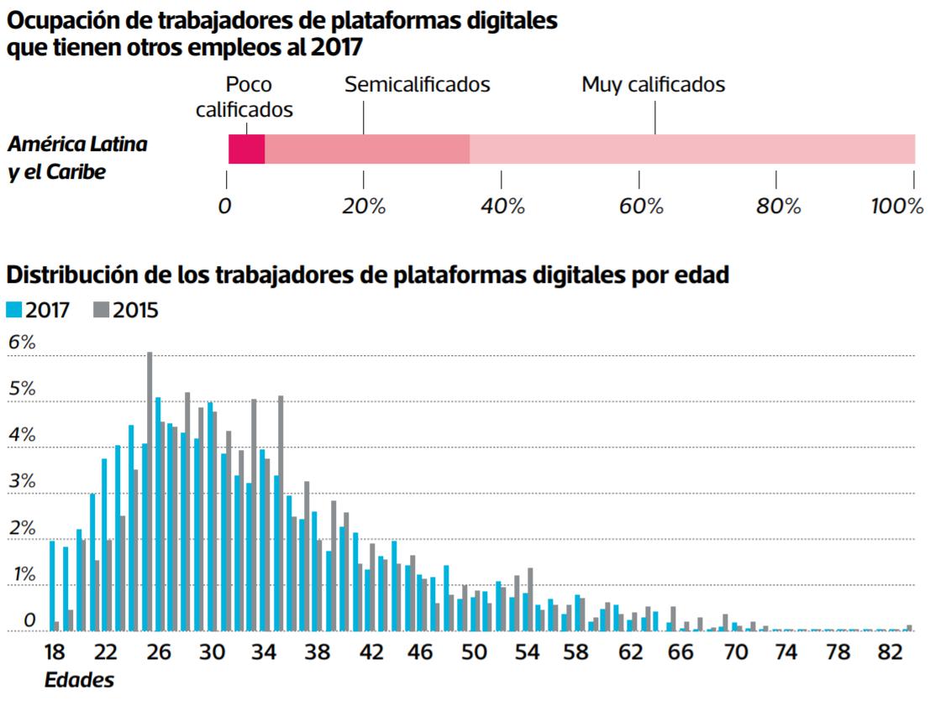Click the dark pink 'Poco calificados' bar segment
click(x=246, y=149)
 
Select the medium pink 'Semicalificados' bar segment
click(x=366, y=149)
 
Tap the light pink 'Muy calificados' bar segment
click(x=691, y=149)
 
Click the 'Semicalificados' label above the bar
click(x=418, y=85)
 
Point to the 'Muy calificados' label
click(x=653, y=85)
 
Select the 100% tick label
click(x=896, y=207)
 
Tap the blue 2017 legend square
click(x=14, y=310)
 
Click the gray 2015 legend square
click(x=101, y=310)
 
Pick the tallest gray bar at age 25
click(x=150, y=491)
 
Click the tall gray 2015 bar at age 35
click(x=281, y=513)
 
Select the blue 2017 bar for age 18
click(x=52, y=586)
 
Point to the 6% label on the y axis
click(x=22, y=343)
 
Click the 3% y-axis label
click(x=22, y=482)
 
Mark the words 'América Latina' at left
click(x=77, y=144)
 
